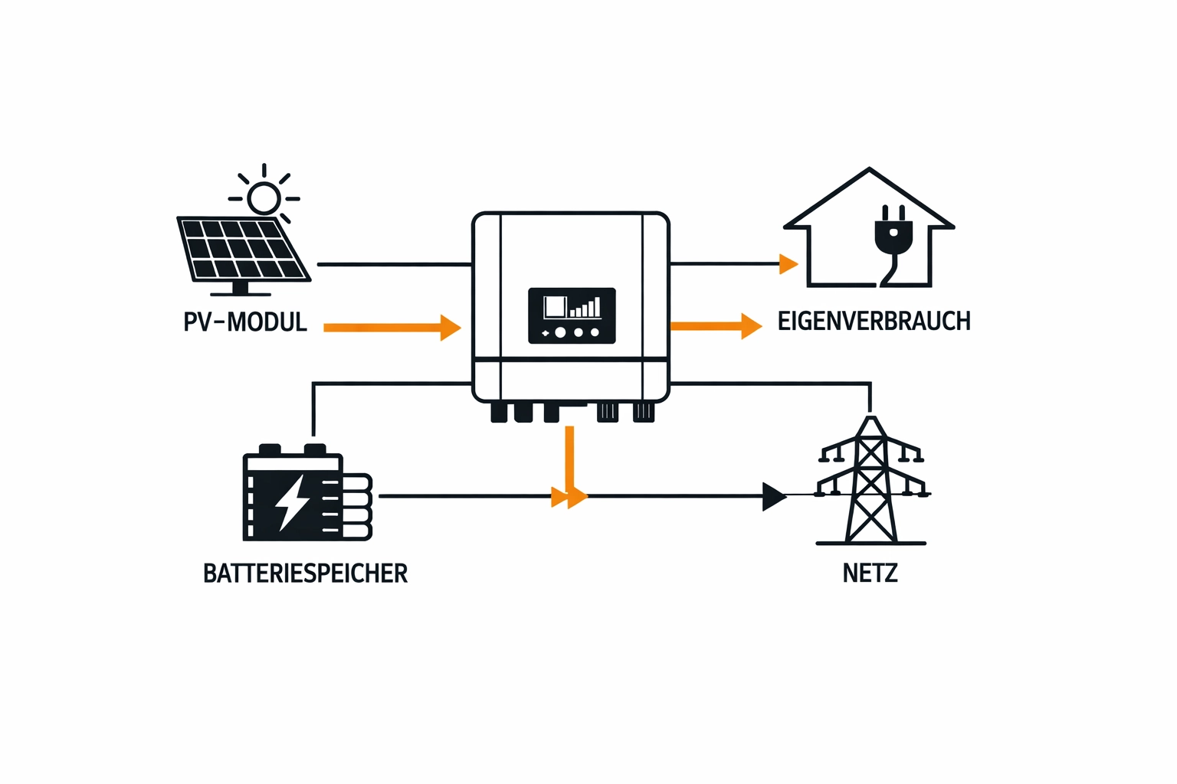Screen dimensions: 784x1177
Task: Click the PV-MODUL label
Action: [245, 322]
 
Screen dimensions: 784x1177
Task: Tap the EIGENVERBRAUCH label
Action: [874, 321]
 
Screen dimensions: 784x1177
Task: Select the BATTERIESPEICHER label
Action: [305, 573]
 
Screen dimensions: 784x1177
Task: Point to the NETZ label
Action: [870, 573]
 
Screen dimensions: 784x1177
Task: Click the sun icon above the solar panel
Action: [264, 198]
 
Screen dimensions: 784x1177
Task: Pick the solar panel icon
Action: [243, 249]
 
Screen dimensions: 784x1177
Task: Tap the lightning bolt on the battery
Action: [292, 501]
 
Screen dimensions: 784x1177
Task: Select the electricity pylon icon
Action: [870, 482]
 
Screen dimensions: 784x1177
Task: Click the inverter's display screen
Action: [572, 315]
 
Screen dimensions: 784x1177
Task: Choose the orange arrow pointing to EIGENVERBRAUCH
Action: [716, 326]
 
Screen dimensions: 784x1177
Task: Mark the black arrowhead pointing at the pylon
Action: [774, 496]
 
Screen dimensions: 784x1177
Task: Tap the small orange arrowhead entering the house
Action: [788, 264]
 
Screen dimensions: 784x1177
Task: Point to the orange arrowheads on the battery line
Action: [569, 497]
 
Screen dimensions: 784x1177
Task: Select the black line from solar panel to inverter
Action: [394, 264]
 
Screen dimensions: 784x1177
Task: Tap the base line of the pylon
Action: [870, 544]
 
